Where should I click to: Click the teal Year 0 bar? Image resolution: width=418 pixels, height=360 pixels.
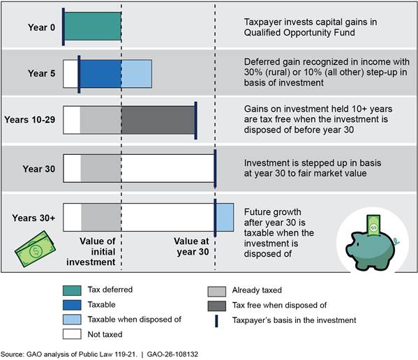[93, 27]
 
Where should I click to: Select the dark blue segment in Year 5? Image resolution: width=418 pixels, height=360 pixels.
[100, 74]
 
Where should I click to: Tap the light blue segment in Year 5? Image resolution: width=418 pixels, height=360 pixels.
[137, 74]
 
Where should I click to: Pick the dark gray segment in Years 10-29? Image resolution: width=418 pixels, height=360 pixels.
[158, 120]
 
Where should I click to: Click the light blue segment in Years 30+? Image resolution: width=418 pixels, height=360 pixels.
[225, 217]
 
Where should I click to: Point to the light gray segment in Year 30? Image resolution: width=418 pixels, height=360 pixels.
[100, 168]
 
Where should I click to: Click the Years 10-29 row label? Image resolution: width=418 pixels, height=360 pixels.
[30, 119]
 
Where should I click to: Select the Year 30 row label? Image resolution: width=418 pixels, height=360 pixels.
[39, 169]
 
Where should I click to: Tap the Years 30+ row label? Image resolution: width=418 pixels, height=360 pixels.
[33, 218]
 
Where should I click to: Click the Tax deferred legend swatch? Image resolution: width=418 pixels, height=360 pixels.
[72, 290]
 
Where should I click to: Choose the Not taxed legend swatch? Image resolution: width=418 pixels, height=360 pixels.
[72, 334]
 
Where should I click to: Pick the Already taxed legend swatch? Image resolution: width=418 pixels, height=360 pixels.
[217, 292]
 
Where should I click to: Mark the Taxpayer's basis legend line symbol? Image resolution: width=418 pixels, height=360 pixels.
[216, 321]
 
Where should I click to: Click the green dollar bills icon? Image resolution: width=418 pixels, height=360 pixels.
[35, 249]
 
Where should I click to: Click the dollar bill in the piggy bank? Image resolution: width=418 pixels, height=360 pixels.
[374, 225]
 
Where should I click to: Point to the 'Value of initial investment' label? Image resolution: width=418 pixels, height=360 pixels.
[91, 252]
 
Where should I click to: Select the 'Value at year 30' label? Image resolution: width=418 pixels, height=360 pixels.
[192, 246]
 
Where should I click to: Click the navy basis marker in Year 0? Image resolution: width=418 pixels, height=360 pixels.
[64, 27]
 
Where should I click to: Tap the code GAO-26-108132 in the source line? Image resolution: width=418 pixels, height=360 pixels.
[172, 354]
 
